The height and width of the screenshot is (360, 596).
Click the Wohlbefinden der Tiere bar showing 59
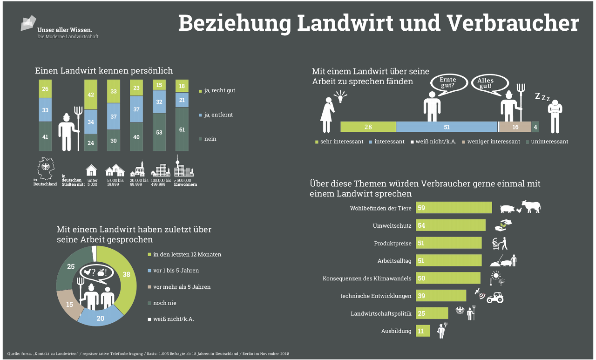click(454, 208)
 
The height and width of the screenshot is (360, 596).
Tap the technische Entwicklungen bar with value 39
click(441, 296)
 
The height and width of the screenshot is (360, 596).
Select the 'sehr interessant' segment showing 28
click(368, 127)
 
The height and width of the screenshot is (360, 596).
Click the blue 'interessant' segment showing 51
click(447, 127)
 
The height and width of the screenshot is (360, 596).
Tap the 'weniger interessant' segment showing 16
click(515, 127)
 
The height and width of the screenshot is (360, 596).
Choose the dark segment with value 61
click(182, 129)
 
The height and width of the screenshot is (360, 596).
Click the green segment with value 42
click(91, 95)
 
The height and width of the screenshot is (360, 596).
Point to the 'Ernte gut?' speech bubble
click(447, 83)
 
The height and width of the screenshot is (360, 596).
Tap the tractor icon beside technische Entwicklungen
click(494, 297)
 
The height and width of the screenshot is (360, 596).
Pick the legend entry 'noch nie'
click(164, 303)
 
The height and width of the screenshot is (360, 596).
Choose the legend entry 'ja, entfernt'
click(218, 115)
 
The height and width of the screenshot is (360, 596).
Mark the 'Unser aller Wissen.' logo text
click(65, 29)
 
